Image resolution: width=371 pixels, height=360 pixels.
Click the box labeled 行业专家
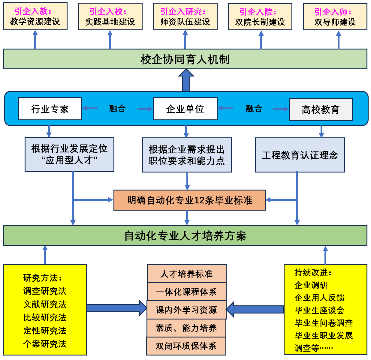[x=50, y=109]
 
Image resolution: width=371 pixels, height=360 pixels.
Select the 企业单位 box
[x=185, y=109]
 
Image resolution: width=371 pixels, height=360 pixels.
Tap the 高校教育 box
[x=321, y=109]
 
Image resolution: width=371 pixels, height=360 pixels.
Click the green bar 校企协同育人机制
[x=185, y=59]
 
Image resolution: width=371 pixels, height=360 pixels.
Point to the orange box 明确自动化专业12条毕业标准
[x=190, y=200]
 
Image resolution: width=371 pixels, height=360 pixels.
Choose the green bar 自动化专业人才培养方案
[x=185, y=236]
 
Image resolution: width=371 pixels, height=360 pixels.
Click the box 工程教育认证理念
[x=300, y=155]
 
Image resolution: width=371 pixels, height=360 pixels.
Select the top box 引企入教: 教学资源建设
[x=35, y=16]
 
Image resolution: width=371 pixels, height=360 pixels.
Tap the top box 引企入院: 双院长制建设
[x=260, y=17]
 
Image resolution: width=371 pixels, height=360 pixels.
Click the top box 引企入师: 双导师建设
[x=335, y=17]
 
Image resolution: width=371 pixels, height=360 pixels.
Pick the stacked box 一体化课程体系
[x=186, y=292]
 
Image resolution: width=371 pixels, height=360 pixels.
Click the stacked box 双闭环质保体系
[x=186, y=346]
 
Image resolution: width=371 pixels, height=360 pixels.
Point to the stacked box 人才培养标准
[x=186, y=274]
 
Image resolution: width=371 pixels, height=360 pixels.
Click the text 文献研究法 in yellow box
[x=45, y=304]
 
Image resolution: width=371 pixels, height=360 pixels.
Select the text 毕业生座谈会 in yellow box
[x=319, y=310]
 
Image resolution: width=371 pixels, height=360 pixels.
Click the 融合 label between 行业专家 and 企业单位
[x=117, y=108]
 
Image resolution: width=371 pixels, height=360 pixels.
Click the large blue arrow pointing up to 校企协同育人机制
[x=186, y=80]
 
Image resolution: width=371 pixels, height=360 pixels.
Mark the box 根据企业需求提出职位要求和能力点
[x=187, y=155]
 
